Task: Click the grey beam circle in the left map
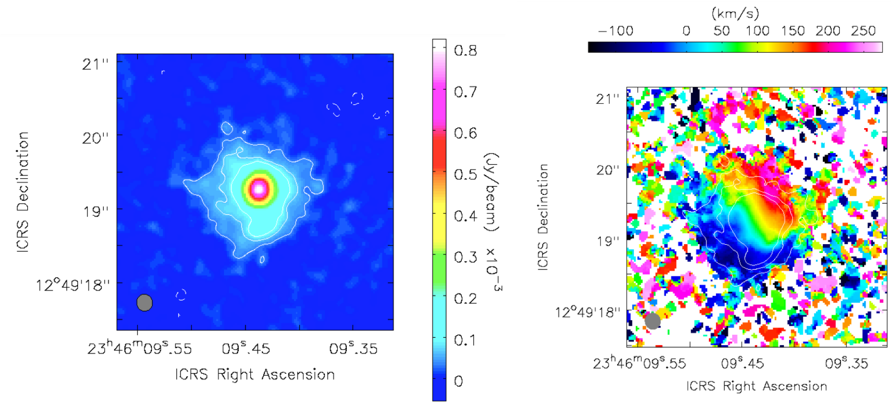pos(145,303)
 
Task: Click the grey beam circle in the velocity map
pos(652,321)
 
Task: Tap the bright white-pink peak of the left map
pos(259,189)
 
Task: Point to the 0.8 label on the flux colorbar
pos(465,50)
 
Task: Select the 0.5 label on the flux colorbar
pos(465,174)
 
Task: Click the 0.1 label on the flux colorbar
pos(465,340)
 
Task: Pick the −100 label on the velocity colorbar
pos(616,31)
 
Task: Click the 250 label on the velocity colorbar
pos(863,31)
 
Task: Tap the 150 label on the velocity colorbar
pos(793,31)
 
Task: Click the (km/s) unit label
pos(735,13)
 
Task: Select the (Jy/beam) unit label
pos(492,192)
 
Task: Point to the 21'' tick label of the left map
pos(95,64)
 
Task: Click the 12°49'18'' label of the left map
pos(73,285)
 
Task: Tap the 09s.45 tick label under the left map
pos(246,348)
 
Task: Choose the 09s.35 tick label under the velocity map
pos(847,363)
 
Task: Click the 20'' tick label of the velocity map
pos(607,170)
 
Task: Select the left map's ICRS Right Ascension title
pos(255,374)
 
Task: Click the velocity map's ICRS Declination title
pos(543,217)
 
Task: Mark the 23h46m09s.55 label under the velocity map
pos(639,363)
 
